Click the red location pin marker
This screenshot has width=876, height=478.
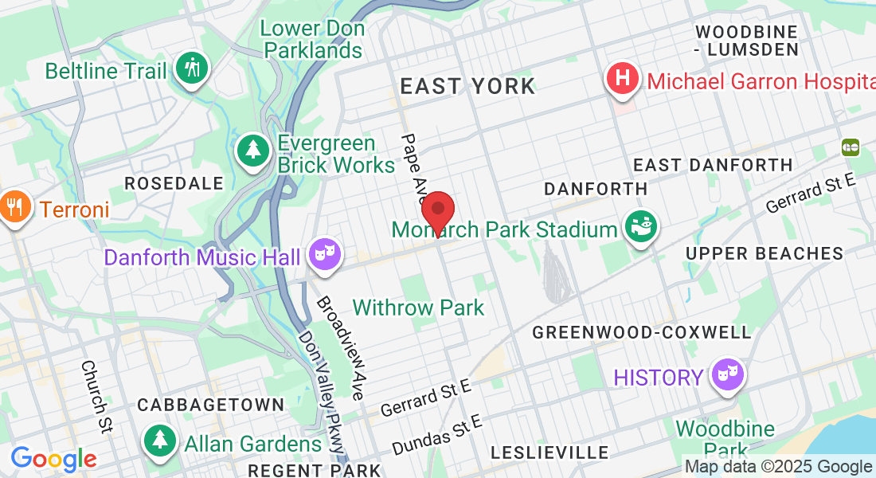(x=437, y=212)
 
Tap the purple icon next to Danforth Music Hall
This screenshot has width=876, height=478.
(x=326, y=254)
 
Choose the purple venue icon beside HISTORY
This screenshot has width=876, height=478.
(x=727, y=374)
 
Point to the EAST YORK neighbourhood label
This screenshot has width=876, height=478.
(x=467, y=86)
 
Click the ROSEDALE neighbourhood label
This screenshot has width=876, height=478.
(x=174, y=183)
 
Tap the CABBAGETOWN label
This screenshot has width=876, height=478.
(x=210, y=405)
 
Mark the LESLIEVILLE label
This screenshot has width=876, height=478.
(x=549, y=453)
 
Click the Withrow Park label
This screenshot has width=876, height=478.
(x=418, y=308)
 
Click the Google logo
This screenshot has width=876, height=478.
(x=53, y=459)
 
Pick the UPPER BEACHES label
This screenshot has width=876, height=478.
(x=764, y=253)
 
